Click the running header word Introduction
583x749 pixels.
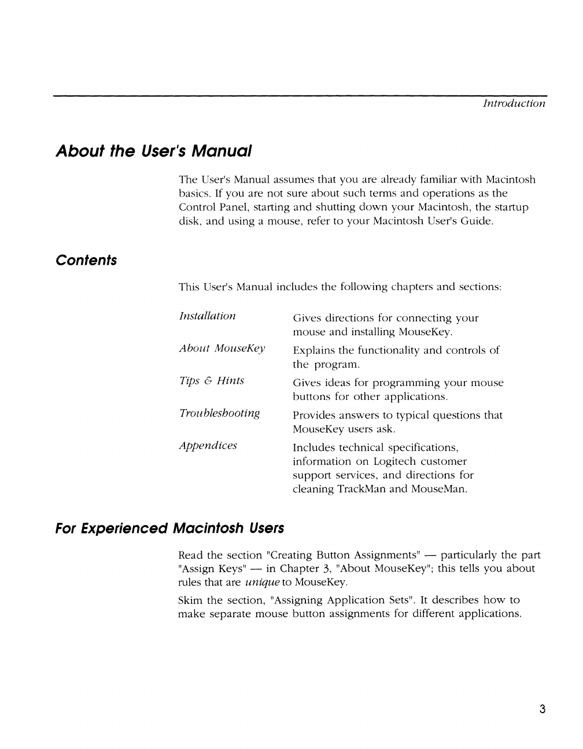(514, 103)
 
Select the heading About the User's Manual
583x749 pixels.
(154, 151)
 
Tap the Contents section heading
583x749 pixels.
(86, 261)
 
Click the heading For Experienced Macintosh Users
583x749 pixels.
(170, 528)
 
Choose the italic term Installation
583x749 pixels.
(207, 316)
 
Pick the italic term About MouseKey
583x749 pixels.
(222, 348)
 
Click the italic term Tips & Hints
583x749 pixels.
(212, 381)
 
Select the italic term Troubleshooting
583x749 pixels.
(219, 413)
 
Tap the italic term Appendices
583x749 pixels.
(208, 446)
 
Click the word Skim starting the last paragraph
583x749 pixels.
(190, 600)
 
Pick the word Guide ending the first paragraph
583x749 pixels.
(477, 221)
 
